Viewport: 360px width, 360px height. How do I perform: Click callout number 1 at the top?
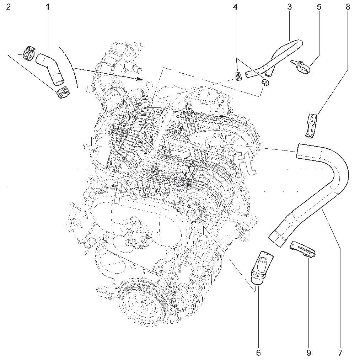(48, 7)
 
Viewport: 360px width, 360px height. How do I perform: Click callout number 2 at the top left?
(8, 7)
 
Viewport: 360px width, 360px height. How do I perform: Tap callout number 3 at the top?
(290, 7)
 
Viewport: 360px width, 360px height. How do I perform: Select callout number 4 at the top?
(235, 7)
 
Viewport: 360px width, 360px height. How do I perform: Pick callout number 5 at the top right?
(319, 7)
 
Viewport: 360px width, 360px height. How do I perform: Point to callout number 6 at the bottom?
(258, 353)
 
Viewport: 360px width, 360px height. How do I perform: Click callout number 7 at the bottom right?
(340, 353)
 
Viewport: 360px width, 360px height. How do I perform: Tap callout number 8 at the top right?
(348, 7)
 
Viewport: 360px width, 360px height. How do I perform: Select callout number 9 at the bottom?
(309, 353)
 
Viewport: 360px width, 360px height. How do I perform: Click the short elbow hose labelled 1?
(50, 68)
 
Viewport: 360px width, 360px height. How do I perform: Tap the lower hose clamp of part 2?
(63, 92)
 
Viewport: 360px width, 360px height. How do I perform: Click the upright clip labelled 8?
(312, 126)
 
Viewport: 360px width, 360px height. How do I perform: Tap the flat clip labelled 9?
(302, 249)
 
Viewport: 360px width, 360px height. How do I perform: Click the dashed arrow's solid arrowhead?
(139, 79)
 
